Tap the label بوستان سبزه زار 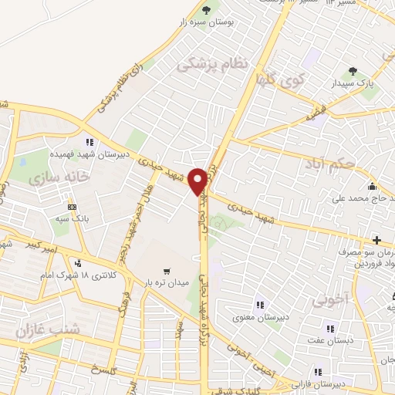207,23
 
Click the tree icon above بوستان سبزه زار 206,10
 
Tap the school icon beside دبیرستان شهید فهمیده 89,142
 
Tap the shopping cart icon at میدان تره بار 167,271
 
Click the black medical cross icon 376,241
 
